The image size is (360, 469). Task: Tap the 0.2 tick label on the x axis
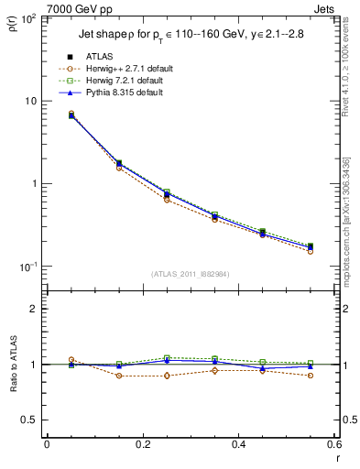[142, 446]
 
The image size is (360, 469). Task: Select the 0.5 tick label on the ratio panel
[31, 420]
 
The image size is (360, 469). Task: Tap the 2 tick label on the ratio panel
[35, 309]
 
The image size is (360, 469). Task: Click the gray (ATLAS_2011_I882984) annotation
[190, 275]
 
